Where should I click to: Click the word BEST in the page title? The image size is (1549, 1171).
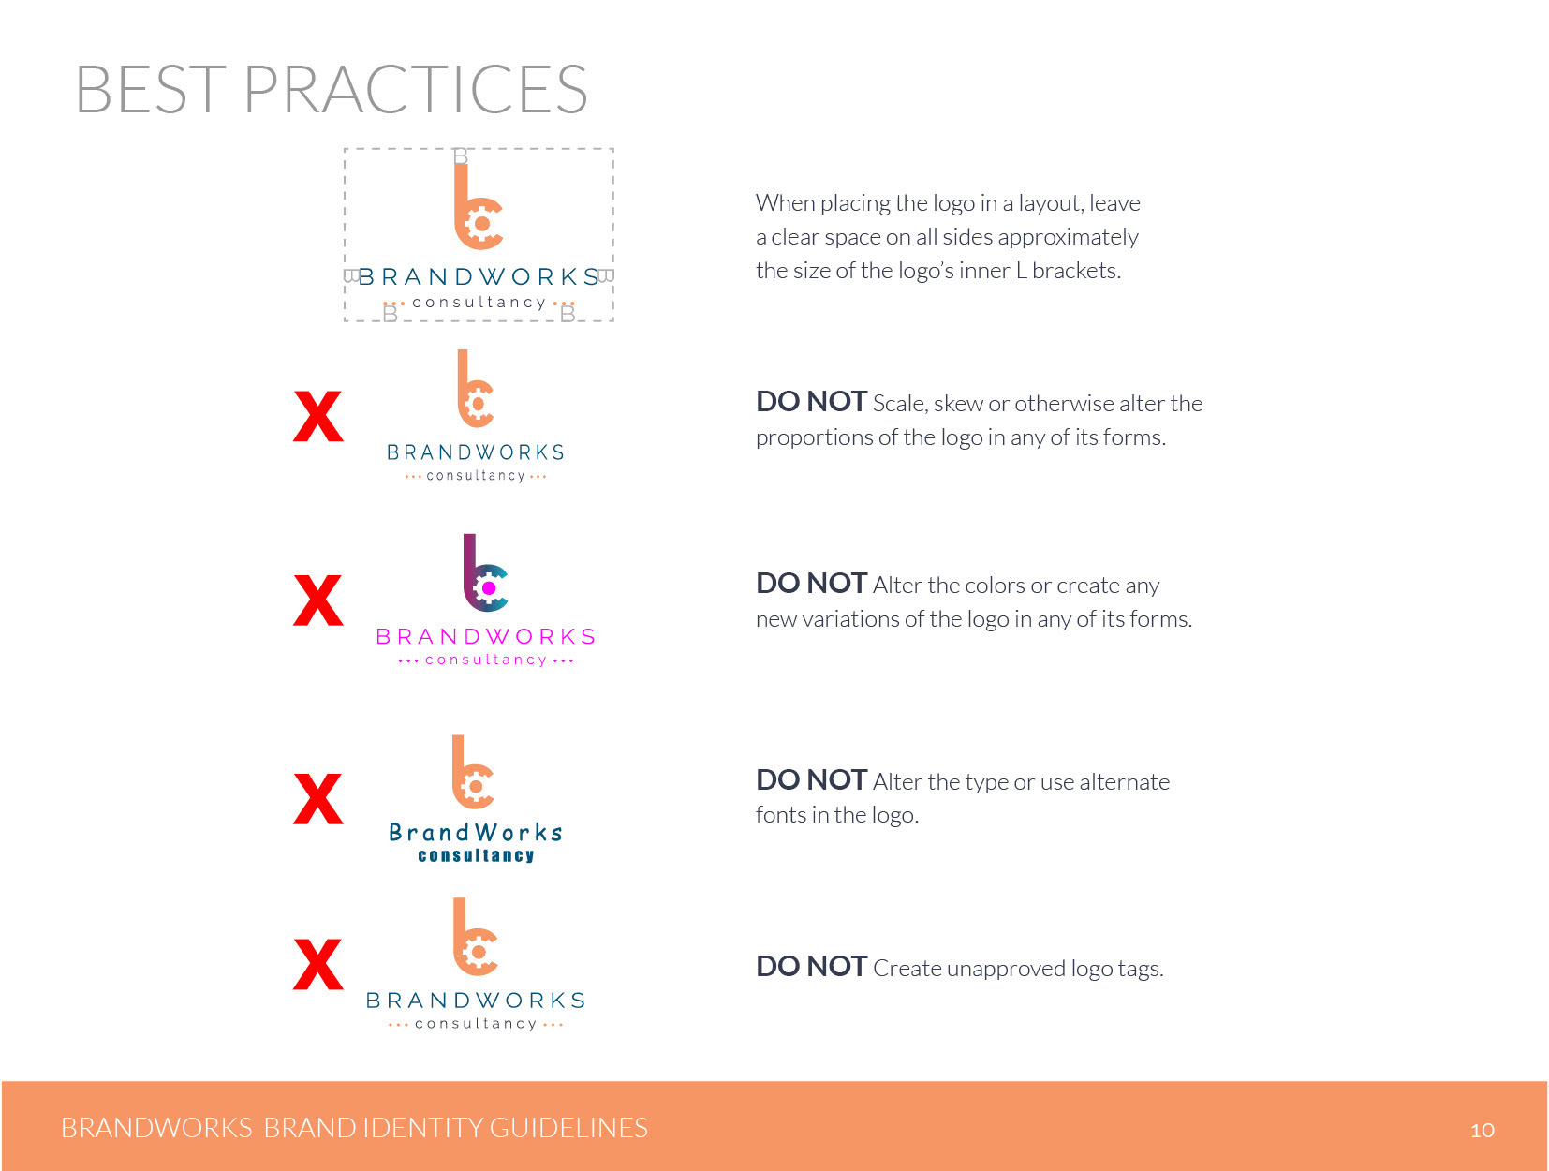(151, 89)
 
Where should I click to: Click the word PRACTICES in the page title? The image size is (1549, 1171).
(416, 89)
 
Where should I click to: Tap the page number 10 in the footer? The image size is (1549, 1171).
(1482, 1130)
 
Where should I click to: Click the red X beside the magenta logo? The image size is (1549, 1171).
(318, 600)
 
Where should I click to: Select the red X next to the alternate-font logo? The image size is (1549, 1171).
(318, 799)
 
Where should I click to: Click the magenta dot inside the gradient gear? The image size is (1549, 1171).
(489, 588)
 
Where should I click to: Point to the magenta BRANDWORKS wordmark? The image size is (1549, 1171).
(485, 637)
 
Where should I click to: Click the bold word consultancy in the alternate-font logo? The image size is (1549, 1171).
(476, 855)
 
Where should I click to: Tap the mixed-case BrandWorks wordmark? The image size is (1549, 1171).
(476, 832)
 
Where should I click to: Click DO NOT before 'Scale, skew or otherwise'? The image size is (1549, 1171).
(811, 402)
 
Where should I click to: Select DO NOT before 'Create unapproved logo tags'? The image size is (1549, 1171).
(811, 966)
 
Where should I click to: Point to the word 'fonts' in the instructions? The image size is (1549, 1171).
(780, 815)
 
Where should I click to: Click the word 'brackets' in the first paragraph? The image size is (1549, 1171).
(1076, 271)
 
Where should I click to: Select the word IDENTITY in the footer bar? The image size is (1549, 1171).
(422, 1128)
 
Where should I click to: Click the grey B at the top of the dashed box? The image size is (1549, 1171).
(460, 156)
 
